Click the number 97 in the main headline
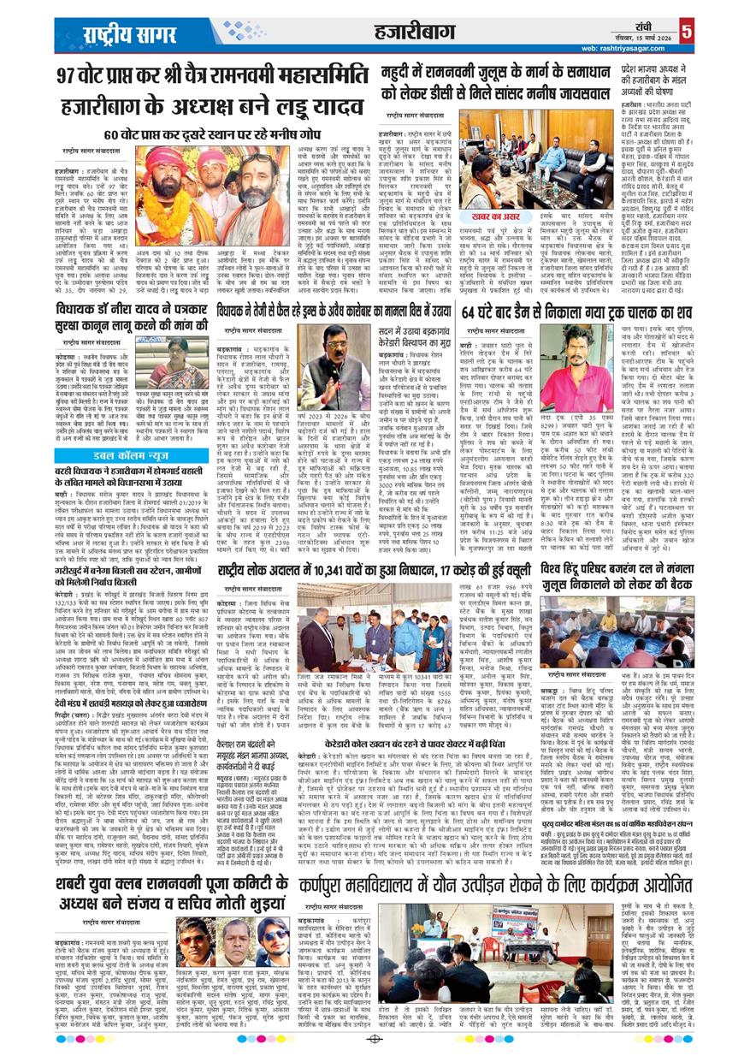pyautogui.click(x=70, y=75)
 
